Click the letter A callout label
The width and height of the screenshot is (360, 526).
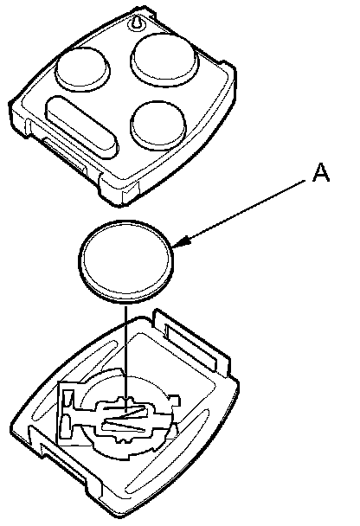pos(321,173)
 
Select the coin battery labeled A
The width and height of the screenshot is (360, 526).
pos(126,261)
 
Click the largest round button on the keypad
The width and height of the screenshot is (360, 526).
pos(164,59)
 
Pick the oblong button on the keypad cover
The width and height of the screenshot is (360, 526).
pos(81,127)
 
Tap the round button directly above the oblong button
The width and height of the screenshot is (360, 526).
pos(82,69)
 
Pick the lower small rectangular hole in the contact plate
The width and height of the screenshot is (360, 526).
pos(65,427)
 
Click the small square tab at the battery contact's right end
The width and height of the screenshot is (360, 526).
pos(175,399)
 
